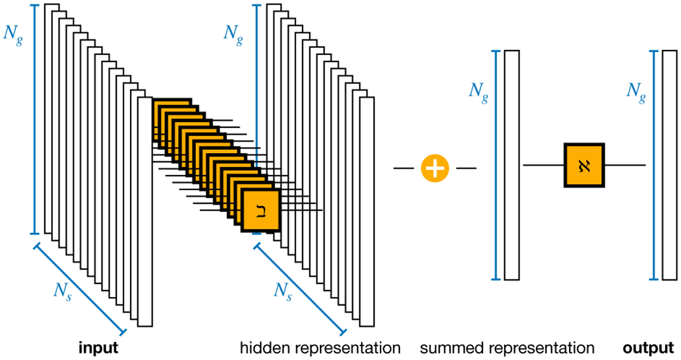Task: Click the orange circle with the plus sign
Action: (435, 168)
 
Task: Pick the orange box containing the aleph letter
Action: (584, 165)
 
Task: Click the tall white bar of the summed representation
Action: (511, 165)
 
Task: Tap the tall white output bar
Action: (670, 165)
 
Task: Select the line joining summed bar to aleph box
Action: (543, 165)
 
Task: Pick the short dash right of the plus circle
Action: (466, 168)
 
